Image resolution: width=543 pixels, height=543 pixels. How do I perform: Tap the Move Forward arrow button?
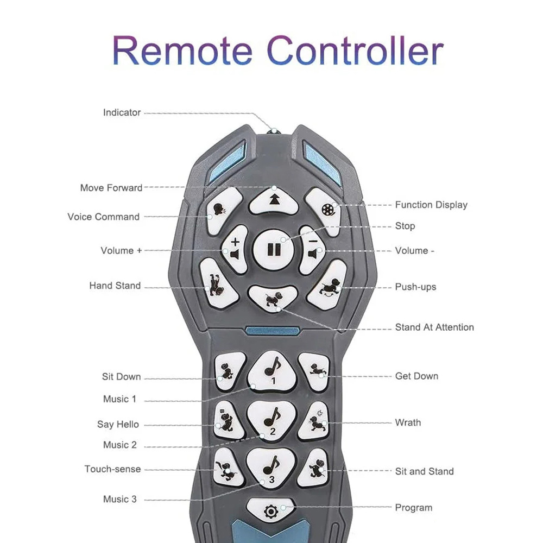[x=274, y=199]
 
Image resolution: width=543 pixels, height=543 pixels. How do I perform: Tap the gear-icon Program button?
[x=270, y=510]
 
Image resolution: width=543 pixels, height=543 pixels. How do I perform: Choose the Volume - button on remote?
[x=312, y=249]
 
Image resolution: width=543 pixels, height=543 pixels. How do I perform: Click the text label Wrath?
[x=408, y=422]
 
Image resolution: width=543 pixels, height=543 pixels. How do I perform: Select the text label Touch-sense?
[x=112, y=469]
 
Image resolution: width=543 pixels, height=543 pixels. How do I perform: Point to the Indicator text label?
[x=122, y=112]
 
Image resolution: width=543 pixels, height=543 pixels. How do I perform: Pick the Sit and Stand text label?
[x=424, y=471]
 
